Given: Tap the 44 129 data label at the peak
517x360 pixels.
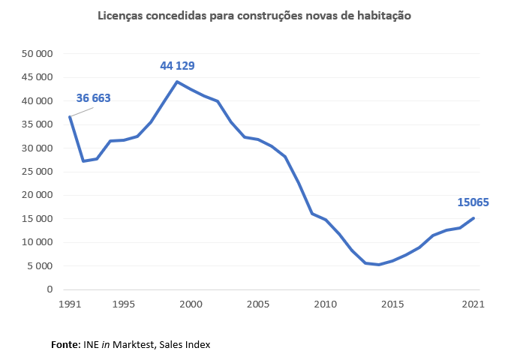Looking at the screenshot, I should tap(177, 66).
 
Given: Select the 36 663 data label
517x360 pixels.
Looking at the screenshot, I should tap(93, 98).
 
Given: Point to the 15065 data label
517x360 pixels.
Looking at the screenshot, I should tap(473, 202).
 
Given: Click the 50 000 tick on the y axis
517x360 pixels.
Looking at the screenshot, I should tap(38, 54).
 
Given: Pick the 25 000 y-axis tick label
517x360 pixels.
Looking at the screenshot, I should tap(38, 172).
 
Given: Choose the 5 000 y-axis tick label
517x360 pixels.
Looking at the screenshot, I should tap(40, 265).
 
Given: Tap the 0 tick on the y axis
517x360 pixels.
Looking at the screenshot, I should tap(50, 289).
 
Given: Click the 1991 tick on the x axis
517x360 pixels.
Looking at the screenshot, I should tap(69, 304).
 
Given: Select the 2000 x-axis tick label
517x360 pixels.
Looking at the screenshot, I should tap(191, 304).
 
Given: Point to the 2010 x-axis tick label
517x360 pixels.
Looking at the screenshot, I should tap(325, 304).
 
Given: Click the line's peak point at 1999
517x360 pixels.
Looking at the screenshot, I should tap(177, 82).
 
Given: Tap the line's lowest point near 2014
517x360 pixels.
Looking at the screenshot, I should tap(379, 265).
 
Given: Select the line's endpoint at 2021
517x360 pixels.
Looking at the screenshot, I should tap(473, 218).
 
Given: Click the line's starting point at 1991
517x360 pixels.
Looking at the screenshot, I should tap(69, 116).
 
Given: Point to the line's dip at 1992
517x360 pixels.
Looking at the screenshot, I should tap(83, 161).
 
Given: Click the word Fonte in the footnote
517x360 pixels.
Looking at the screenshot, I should tap(65, 345).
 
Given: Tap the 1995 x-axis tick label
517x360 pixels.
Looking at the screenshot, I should tap(123, 304).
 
